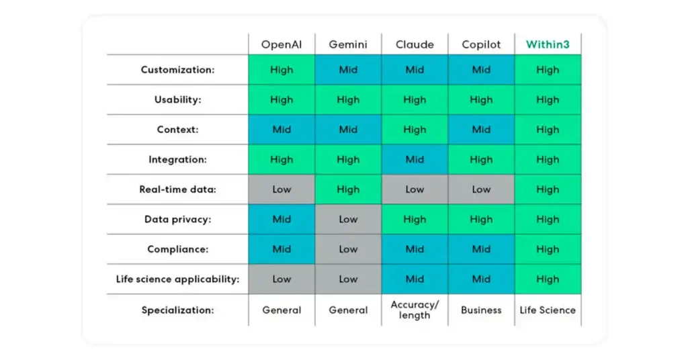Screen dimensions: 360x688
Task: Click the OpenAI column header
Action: click(x=282, y=45)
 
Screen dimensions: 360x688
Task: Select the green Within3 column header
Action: click(x=548, y=45)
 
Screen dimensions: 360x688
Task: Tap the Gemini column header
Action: click(x=348, y=45)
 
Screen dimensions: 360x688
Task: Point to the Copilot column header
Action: click(x=481, y=45)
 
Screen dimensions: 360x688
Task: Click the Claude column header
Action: click(x=415, y=45)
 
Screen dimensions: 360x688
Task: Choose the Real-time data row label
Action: click(x=177, y=189)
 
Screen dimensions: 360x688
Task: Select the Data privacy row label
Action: click(x=177, y=219)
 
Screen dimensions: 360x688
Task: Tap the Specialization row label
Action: click(x=177, y=310)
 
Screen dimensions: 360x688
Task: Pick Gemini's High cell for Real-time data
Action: click(x=348, y=189)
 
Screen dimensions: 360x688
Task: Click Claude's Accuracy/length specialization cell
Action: click(x=415, y=310)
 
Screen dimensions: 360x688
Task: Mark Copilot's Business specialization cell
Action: click(x=481, y=310)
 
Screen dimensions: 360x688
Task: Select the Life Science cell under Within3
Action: click(x=548, y=310)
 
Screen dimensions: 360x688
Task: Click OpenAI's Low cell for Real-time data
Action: click(x=282, y=189)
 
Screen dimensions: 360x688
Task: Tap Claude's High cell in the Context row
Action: click(x=415, y=130)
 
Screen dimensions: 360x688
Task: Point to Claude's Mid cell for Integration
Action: click(x=415, y=160)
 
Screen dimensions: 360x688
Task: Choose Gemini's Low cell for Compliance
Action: click(x=348, y=249)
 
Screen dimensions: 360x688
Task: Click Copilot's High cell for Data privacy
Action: click(x=481, y=219)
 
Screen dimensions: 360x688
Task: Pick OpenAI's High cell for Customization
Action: click(x=282, y=70)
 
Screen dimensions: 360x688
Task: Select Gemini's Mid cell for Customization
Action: click(x=348, y=70)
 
